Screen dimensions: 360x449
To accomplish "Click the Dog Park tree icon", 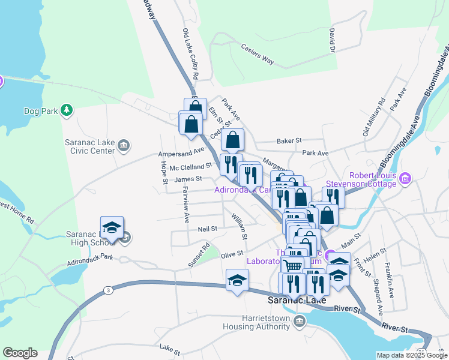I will tap(67, 110).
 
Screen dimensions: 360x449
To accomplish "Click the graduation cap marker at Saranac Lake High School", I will tap(112, 227).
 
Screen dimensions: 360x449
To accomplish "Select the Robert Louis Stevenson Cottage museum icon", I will tap(406, 178).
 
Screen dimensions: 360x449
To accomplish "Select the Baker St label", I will tap(289, 140).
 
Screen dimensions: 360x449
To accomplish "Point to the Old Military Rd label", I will tap(373, 117).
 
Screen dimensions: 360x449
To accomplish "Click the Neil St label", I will tap(207, 229).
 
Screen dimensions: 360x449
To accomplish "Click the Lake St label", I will tap(170, 347).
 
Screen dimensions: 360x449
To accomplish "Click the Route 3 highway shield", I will tap(107, 290).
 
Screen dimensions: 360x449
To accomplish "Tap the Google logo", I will tap(20, 353).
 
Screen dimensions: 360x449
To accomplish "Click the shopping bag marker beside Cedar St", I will tap(232, 140).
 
